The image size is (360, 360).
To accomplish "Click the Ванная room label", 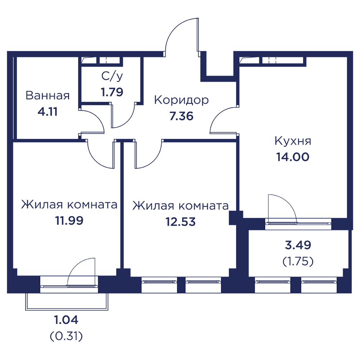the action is coord(48,95).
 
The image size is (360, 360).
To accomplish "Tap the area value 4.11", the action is coord(48,112).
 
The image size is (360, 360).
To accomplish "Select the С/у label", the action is coord(112,76).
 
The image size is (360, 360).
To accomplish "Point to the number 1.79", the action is coord(112,92).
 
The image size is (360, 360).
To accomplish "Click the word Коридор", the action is coord(181,100).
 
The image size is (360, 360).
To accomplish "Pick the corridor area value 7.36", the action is coord(181,116).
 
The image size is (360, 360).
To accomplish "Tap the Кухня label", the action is coord(293,141).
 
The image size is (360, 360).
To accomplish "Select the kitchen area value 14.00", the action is coord(293,157).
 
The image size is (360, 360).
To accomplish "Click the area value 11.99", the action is coord(69,221).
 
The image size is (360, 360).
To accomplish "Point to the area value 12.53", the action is coord(180,222).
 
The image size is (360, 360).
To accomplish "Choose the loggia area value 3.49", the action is coord(298,245).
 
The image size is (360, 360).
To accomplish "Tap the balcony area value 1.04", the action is coord(66,320).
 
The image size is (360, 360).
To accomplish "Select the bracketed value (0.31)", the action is coord(66,336).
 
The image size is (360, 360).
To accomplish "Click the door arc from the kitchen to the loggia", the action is coord(288,202).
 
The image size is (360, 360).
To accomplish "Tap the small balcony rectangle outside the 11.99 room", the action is coord(67,302).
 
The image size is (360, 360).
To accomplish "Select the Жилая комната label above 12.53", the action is coord(180,206).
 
